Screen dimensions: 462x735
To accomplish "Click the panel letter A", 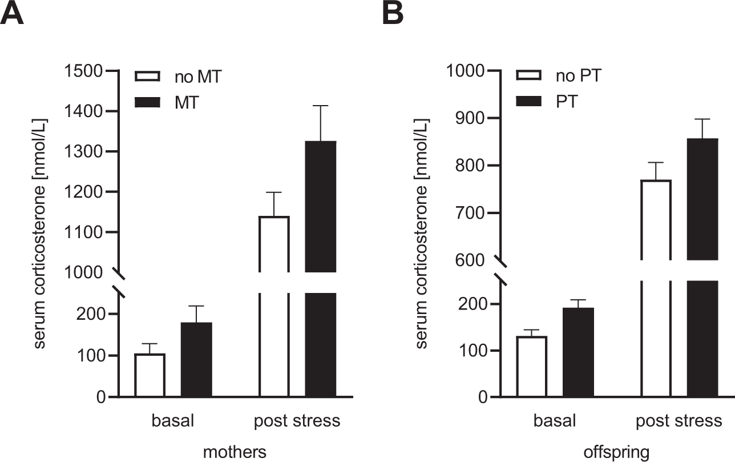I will tap(13, 13).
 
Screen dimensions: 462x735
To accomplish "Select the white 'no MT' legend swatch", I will tap(150, 77).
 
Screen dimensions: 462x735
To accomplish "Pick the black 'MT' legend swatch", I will tap(150, 102).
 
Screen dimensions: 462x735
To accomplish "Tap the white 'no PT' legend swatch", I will tap(532, 77).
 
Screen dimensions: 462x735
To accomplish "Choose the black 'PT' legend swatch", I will tap(532, 102).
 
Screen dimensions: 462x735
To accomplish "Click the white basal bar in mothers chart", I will tap(150, 375).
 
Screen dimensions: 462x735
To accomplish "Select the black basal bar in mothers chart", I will tap(196, 360).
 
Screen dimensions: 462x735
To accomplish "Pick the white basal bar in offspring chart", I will tap(531, 367).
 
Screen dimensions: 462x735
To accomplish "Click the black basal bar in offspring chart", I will tap(578, 352).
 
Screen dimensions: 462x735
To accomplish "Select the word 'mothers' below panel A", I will tap(235, 452).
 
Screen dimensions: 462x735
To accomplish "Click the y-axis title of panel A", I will tap(41, 234).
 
